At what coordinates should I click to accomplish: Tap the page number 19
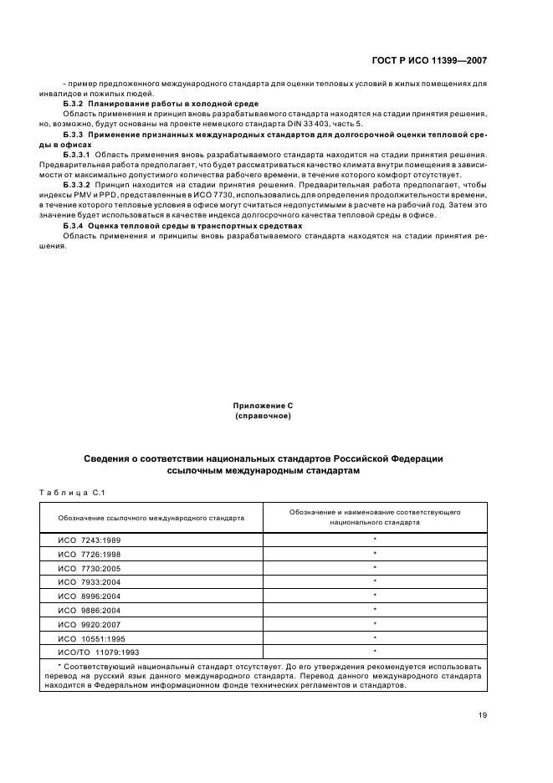point(481,714)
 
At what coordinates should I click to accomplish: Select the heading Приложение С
point(263,405)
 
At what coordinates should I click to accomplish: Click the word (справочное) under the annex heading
point(263,415)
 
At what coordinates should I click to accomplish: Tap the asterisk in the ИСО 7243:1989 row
point(375,540)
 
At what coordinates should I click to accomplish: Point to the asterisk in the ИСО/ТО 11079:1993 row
point(375,650)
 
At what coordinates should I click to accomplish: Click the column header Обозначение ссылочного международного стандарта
point(151,518)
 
